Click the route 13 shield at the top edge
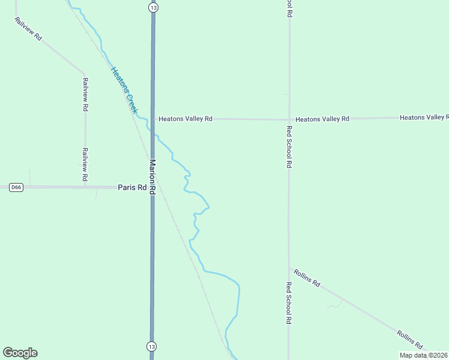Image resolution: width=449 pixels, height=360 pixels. (x=154, y=7)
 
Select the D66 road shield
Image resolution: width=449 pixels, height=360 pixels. (x=16, y=187)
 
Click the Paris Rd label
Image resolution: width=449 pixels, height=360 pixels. (x=132, y=187)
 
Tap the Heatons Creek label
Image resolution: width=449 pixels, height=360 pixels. (x=124, y=90)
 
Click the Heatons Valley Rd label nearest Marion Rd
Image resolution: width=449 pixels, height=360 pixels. (x=185, y=119)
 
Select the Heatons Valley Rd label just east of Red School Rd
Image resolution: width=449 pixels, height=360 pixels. (x=322, y=119)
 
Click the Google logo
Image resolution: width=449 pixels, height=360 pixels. (x=20, y=353)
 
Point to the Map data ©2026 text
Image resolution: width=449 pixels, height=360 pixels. (x=423, y=355)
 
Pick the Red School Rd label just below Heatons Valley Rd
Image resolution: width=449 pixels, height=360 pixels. (x=289, y=146)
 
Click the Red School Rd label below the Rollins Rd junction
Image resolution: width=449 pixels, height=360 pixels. (x=289, y=303)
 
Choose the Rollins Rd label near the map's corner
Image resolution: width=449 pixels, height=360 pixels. (x=410, y=339)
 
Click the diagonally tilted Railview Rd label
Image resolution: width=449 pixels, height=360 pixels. (x=28, y=28)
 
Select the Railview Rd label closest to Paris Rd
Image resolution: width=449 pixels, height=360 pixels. (x=85, y=165)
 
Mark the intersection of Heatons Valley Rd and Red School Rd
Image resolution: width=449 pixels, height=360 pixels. (x=289, y=119)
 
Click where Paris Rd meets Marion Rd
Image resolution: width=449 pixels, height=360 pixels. (x=152, y=187)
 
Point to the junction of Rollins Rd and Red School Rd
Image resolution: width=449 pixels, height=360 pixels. (x=289, y=269)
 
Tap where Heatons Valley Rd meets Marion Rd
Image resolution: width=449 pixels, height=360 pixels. (x=152, y=119)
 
